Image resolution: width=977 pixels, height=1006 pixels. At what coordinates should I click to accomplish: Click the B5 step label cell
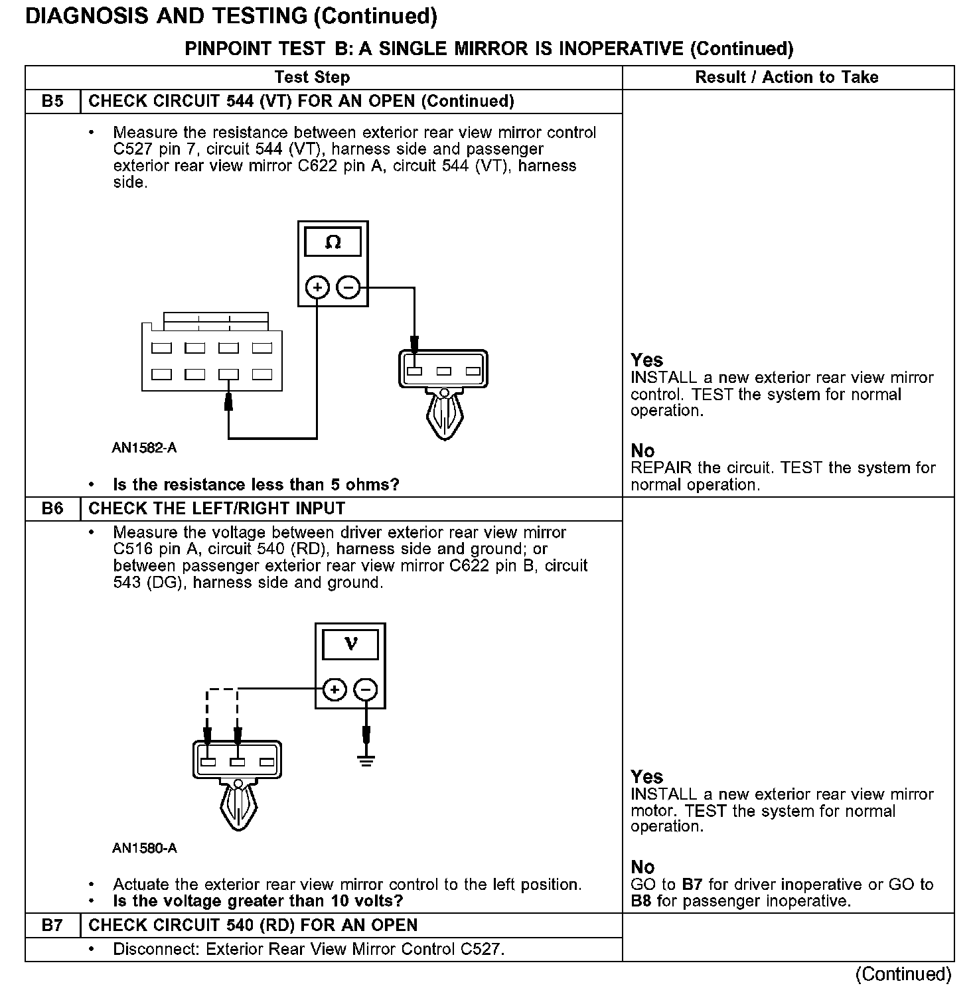[52, 102]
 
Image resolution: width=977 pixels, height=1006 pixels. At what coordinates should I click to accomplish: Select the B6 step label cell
[52, 509]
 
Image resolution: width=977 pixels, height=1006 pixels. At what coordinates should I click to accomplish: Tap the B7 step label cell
[52, 925]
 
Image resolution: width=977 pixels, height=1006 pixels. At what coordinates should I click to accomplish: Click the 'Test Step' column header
[312, 78]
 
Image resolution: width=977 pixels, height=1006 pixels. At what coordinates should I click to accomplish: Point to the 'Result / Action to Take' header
[787, 78]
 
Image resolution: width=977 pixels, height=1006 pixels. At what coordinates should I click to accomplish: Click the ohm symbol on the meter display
[333, 243]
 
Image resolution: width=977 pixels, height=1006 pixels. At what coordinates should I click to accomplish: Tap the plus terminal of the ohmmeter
[318, 287]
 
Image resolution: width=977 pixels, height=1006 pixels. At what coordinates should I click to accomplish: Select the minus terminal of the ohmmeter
[348, 287]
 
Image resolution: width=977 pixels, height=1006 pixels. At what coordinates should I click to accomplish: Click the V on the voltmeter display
[350, 644]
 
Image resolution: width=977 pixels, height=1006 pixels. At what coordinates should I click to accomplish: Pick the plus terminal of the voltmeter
[335, 689]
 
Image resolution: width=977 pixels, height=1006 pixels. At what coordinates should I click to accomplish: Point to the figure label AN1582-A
[144, 448]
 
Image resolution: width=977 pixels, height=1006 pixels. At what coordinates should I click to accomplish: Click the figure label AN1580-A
[144, 848]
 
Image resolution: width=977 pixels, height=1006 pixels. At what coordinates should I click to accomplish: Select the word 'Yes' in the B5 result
[646, 360]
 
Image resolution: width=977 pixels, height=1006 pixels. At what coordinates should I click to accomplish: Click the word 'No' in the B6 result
[642, 867]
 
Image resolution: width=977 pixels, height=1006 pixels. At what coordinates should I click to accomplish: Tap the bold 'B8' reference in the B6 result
[640, 901]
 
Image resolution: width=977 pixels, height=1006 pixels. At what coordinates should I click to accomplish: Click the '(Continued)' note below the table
[903, 974]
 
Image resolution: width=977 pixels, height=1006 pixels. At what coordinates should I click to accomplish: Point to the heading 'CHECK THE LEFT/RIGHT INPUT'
[217, 509]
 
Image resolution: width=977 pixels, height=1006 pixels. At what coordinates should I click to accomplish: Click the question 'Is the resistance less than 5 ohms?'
[256, 484]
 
